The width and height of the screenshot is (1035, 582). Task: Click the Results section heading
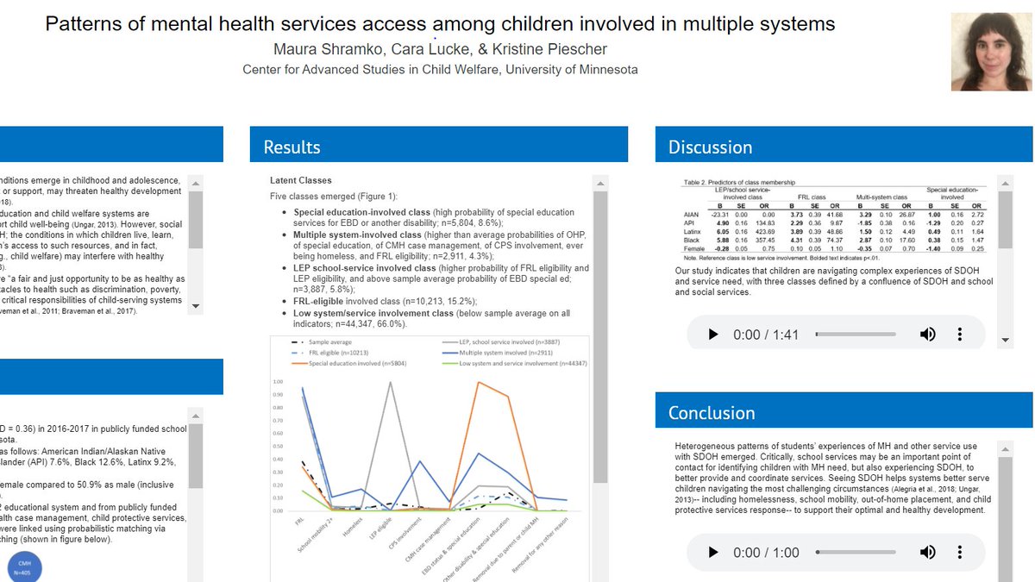[x=292, y=147]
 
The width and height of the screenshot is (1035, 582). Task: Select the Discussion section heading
[x=710, y=147]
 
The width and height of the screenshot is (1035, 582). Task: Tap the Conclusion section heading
[x=712, y=413]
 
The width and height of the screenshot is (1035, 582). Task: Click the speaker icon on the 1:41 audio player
[x=927, y=335]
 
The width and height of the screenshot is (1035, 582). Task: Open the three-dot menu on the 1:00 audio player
[x=960, y=552]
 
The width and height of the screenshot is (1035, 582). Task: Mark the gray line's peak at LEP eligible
[x=391, y=382]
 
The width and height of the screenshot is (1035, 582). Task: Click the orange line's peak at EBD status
[x=479, y=382]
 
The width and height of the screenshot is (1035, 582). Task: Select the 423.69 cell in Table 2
[x=763, y=231]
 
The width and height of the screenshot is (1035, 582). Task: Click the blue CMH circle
[x=24, y=568]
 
